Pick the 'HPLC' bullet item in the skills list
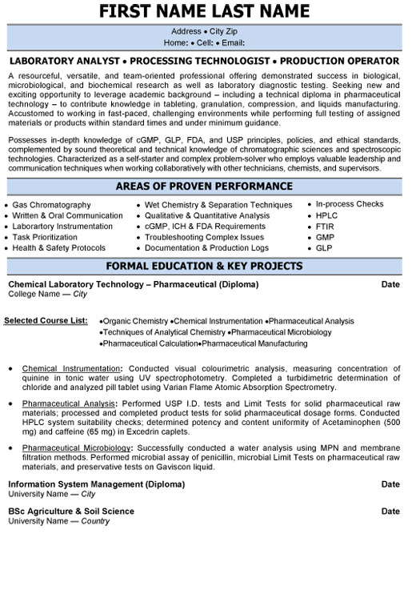pos(328,215)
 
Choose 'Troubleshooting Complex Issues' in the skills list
pos(205,238)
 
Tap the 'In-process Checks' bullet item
pos(350,204)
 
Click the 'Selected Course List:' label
pos(46,320)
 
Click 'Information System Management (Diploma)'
pos(96,484)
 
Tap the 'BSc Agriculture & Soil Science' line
pos(71,511)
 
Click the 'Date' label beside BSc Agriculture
pos(390,511)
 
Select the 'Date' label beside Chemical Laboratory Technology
pos(390,284)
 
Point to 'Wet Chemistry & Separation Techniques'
pos(218,205)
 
